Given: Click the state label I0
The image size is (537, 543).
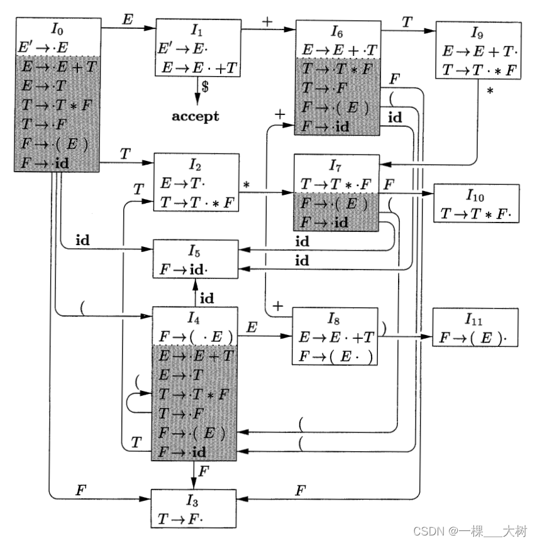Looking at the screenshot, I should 56,29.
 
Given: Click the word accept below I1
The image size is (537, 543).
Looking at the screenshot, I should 196,116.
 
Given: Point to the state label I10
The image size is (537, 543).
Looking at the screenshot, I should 476,196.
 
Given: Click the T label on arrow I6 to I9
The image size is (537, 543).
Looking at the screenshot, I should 407,21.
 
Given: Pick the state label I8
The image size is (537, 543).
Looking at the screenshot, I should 335,319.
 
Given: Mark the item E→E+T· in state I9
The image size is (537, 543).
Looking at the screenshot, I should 479,52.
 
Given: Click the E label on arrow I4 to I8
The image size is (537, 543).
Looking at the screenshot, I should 252,327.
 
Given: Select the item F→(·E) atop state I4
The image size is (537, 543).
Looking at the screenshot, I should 196,335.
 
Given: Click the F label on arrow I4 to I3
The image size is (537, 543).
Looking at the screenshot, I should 202,470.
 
